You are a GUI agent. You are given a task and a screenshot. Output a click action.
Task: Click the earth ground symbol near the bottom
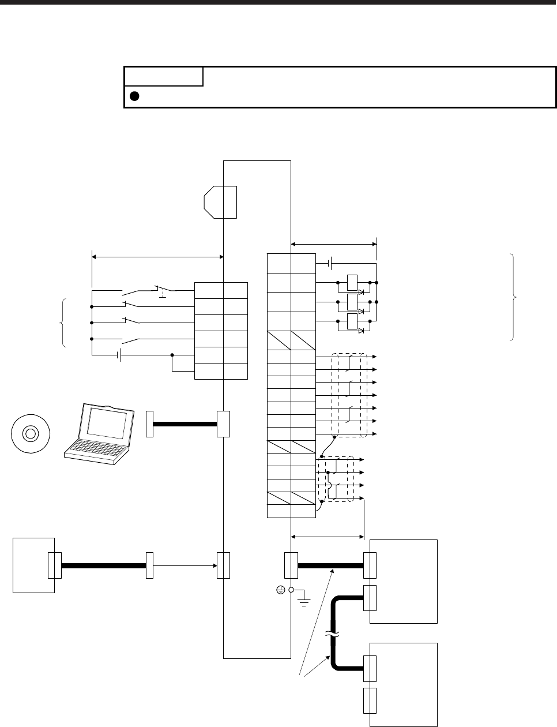(x=302, y=600)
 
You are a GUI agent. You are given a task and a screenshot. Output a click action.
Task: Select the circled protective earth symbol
(x=280, y=590)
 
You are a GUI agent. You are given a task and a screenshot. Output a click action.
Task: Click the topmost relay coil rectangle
(x=352, y=283)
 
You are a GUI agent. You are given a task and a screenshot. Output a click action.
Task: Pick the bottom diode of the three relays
(x=362, y=331)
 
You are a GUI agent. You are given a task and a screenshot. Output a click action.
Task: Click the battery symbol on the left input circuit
(x=119, y=355)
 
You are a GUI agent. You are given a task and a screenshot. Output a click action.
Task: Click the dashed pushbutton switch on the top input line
(x=162, y=290)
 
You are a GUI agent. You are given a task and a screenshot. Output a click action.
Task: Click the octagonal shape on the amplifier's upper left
(x=220, y=202)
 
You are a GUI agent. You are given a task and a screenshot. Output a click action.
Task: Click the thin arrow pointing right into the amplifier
(x=185, y=566)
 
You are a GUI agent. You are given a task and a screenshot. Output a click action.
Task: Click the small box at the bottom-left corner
(x=33, y=565)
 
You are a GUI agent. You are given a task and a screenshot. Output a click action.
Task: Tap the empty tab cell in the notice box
(x=164, y=76)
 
